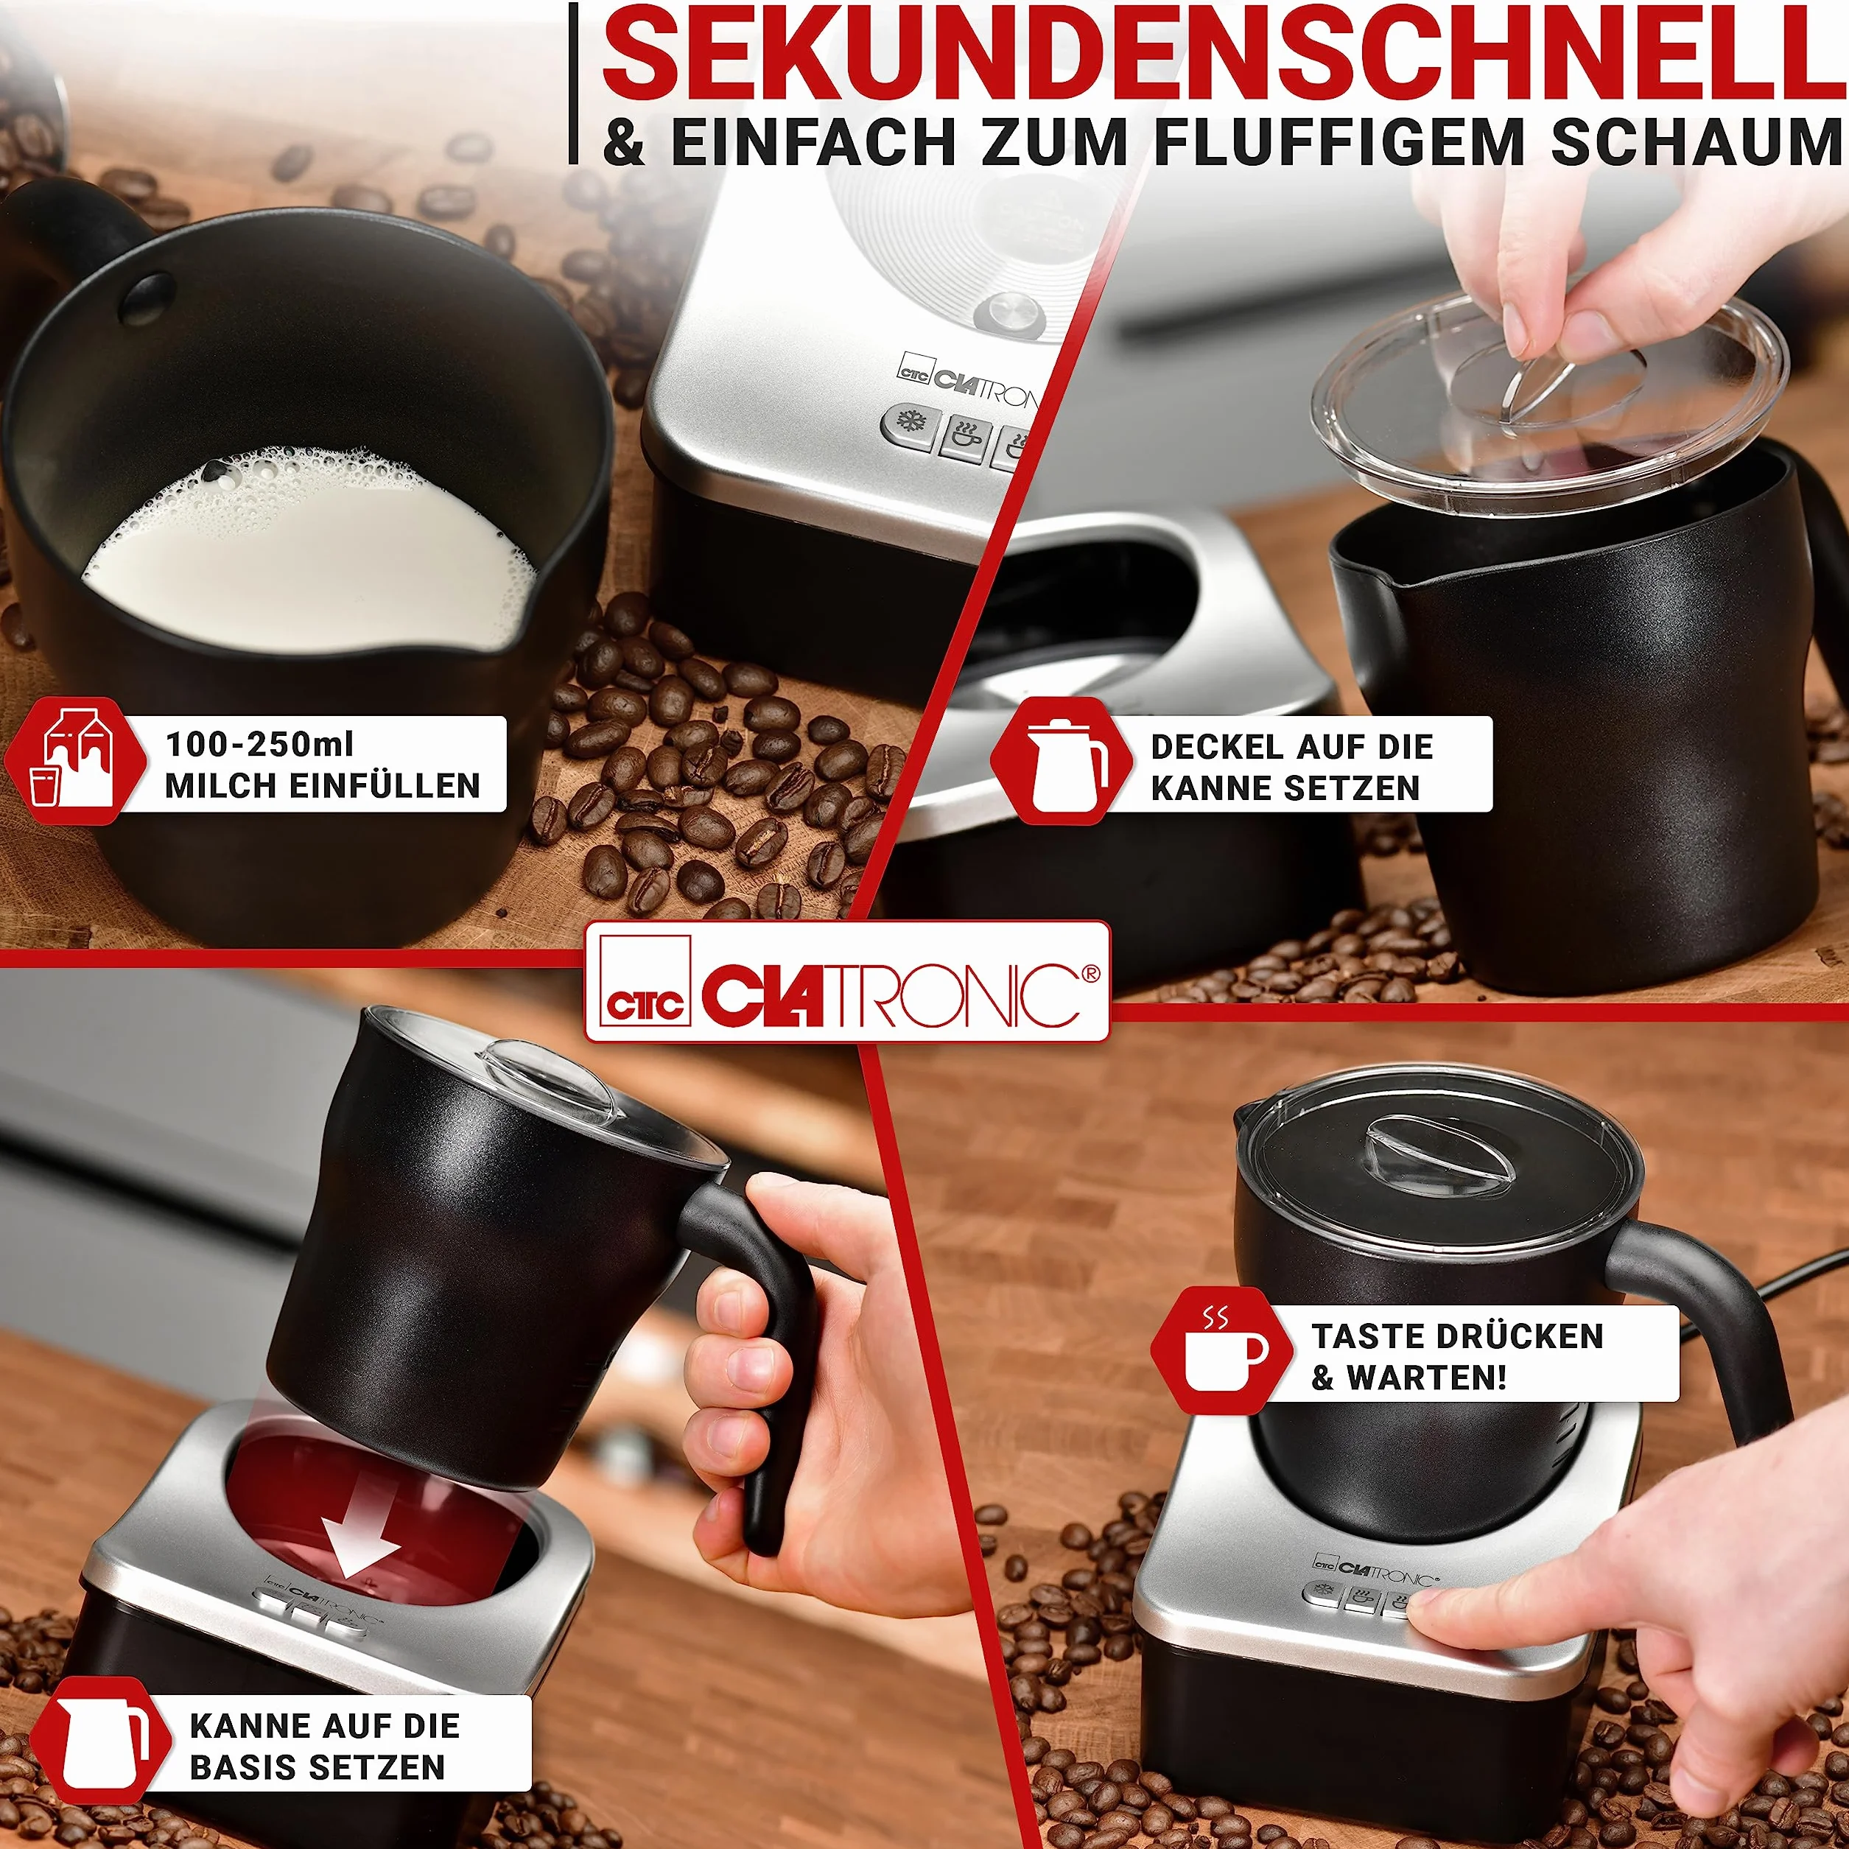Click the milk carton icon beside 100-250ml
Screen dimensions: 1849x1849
pos(74,762)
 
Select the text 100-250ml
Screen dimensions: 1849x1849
pos(259,743)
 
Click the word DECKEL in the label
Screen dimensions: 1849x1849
pos(1210,746)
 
